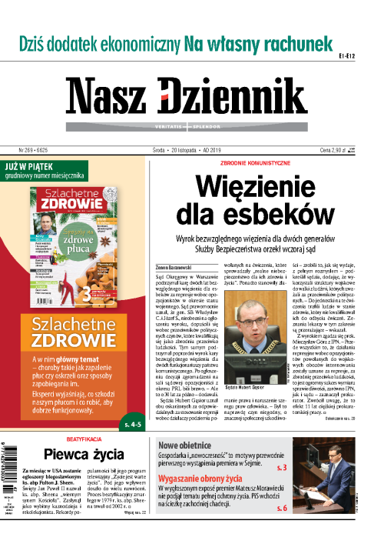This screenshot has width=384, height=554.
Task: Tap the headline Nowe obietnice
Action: tap(188, 446)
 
